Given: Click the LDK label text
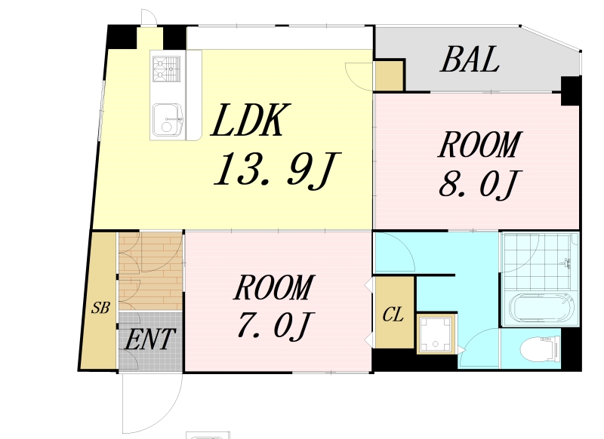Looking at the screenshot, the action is pyautogui.click(x=250, y=120).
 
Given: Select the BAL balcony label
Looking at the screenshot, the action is pyautogui.click(x=470, y=60).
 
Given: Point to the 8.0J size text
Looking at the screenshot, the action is pyautogui.click(x=480, y=185).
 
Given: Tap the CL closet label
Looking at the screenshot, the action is pyautogui.click(x=393, y=315).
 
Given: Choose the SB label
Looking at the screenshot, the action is pyautogui.click(x=100, y=308).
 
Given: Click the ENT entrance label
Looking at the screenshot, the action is pyautogui.click(x=150, y=339).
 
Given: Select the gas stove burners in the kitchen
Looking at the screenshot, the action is pyautogui.click(x=166, y=69).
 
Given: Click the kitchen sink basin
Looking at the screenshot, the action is pyautogui.click(x=168, y=120).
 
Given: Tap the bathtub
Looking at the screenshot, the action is pyautogui.click(x=541, y=309).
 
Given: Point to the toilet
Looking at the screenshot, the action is pyautogui.click(x=540, y=349).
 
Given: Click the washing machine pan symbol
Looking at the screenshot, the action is pyautogui.click(x=436, y=333).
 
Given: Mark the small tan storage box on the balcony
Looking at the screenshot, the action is pyautogui.click(x=389, y=75).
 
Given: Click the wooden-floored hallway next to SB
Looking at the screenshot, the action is pyautogui.click(x=150, y=271).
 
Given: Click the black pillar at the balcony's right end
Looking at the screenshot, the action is pyautogui.click(x=571, y=91).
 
